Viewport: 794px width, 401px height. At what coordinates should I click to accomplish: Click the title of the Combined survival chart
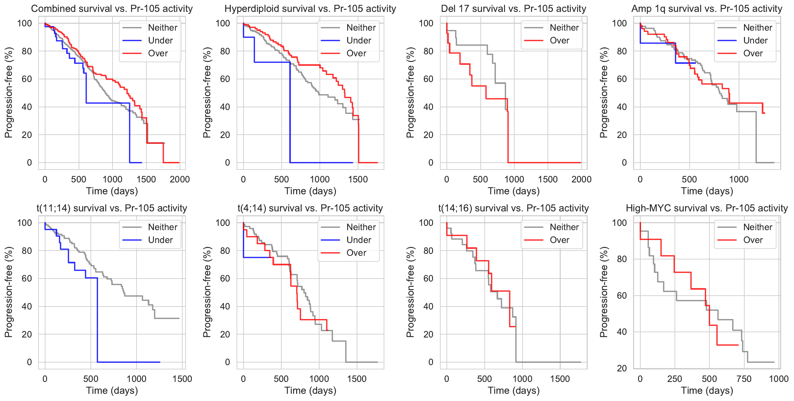tap(112, 9)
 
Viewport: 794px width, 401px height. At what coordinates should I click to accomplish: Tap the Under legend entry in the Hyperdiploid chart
tap(359, 40)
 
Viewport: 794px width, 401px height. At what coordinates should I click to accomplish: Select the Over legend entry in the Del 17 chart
tap(559, 40)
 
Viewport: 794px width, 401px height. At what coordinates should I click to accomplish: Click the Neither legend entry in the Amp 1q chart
tap(757, 28)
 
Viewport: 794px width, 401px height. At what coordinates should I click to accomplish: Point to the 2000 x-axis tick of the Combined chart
tap(180, 179)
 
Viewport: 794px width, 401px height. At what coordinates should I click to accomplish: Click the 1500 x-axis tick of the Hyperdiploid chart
tap(358, 179)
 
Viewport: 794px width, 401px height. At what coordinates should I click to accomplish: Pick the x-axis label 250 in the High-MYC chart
tap(675, 379)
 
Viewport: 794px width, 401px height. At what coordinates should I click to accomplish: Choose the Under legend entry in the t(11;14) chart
tap(160, 240)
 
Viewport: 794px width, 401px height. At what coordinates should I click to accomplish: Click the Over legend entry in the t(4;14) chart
tap(356, 253)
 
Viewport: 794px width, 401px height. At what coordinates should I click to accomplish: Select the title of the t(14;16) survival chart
tap(513, 208)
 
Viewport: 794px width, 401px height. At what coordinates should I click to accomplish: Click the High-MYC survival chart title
tap(707, 208)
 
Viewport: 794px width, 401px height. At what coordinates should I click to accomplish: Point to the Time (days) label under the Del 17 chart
tap(513, 191)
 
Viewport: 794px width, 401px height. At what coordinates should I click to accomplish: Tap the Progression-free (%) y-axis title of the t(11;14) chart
tap(9, 292)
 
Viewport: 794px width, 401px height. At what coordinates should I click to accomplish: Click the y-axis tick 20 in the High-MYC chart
tap(622, 368)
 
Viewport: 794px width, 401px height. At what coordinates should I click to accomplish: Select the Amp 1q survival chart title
tap(707, 9)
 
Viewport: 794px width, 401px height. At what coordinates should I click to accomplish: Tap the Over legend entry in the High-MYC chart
tap(753, 240)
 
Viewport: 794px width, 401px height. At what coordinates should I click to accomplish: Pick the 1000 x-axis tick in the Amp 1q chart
tap(739, 179)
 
